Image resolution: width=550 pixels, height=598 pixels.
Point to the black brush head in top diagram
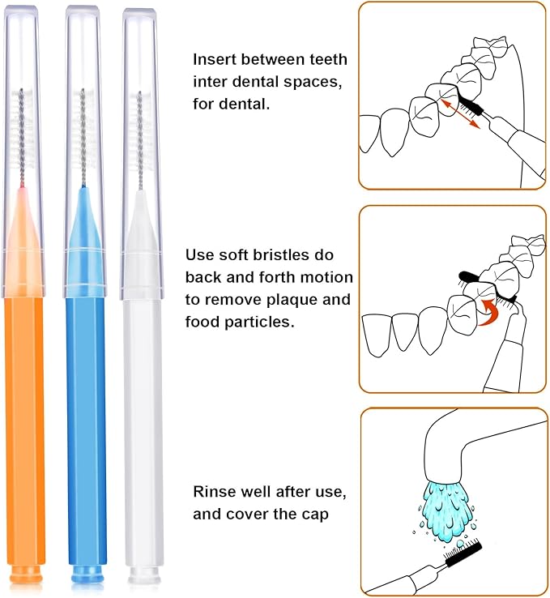(x=471, y=106)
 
